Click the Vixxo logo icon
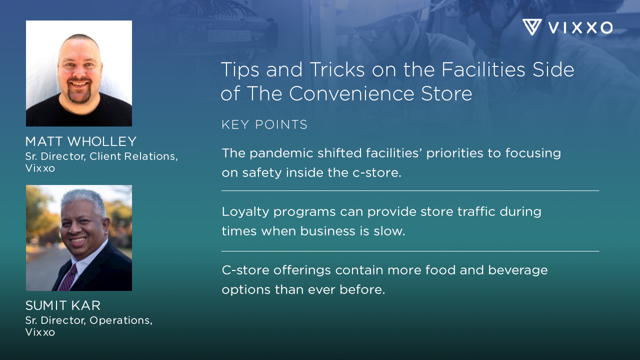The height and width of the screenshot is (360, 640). click(532, 27)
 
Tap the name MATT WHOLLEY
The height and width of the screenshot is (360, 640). click(81, 141)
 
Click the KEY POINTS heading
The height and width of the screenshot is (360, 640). click(264, 125)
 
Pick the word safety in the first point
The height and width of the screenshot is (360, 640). click(263, 173)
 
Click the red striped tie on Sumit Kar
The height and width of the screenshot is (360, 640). click(67, 278)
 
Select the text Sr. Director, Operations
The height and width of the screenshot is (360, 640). click(89, 320)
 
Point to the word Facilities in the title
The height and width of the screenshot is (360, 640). click(475, 70)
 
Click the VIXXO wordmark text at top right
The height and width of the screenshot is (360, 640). click(580, 27)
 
